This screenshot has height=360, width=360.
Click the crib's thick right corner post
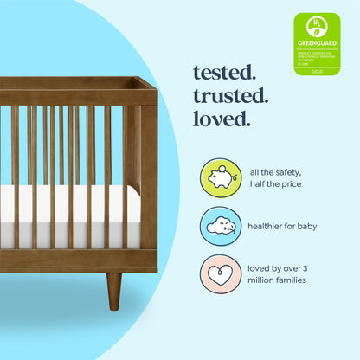(148, 173)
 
